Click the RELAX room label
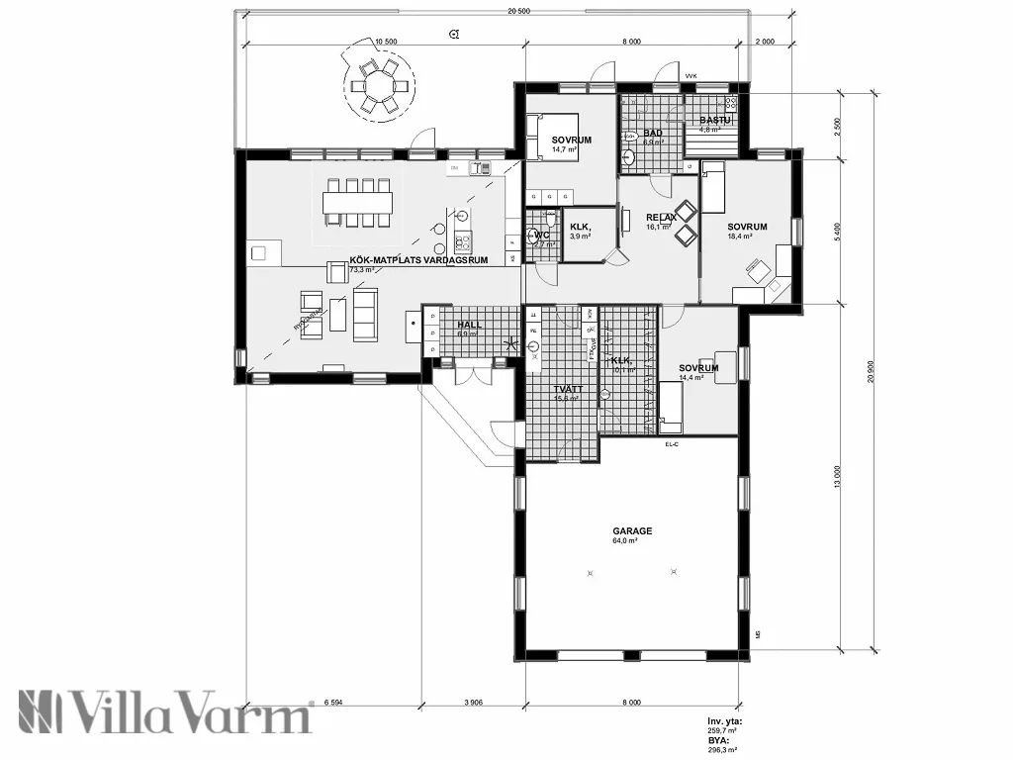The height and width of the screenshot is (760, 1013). pos(661,217)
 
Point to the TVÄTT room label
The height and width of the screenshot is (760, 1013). pos(568,390)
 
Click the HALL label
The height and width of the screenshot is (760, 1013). pos(468,325)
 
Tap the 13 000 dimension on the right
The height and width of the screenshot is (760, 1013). pos(838,476)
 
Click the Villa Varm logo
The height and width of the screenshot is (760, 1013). pos(164,712)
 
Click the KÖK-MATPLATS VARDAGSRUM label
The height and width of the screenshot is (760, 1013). pos(418,259)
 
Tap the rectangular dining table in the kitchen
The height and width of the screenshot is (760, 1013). pos(357,203)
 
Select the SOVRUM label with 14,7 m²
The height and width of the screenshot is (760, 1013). pos(571,141)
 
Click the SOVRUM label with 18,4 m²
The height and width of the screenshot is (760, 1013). pos(747,227)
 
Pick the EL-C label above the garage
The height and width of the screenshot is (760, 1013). pos(672,444)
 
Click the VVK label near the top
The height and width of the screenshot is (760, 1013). pos(691,75)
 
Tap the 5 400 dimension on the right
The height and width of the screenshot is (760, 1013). pos(838,233)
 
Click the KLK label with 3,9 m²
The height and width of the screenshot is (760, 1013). pos(581,227)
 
